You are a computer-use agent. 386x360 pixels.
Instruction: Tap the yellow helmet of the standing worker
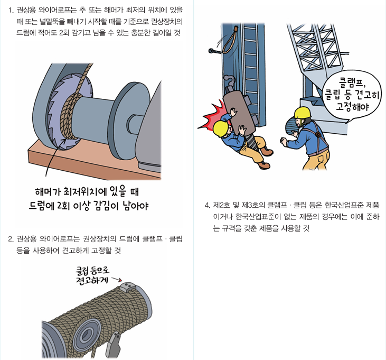(x=303, y=112)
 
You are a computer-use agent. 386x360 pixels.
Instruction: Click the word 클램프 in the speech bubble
(x=347, y=82)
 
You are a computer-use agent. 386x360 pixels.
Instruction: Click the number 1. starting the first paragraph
(x=11, y=10)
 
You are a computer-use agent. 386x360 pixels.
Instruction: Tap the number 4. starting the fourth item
(x=206, y=205)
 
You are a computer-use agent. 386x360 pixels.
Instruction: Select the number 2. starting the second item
(x=11, y=239)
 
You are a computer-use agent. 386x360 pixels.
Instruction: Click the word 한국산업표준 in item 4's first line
(x=346, y=205)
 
